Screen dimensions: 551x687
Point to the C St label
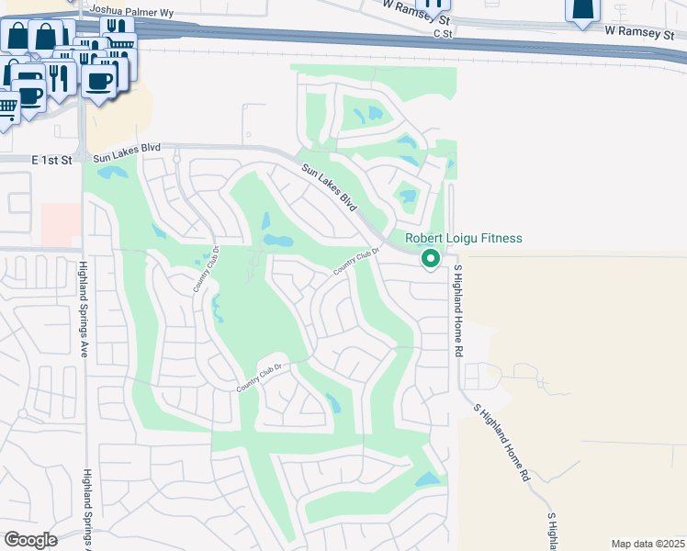444,34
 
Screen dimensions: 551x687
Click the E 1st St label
51,160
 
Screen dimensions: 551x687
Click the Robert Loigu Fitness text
464,239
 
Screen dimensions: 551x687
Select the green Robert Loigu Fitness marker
429,260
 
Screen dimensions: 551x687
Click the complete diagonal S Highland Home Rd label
501,443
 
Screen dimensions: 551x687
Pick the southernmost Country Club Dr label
263,377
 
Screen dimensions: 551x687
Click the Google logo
30,539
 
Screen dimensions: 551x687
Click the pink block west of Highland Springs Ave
60,224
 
